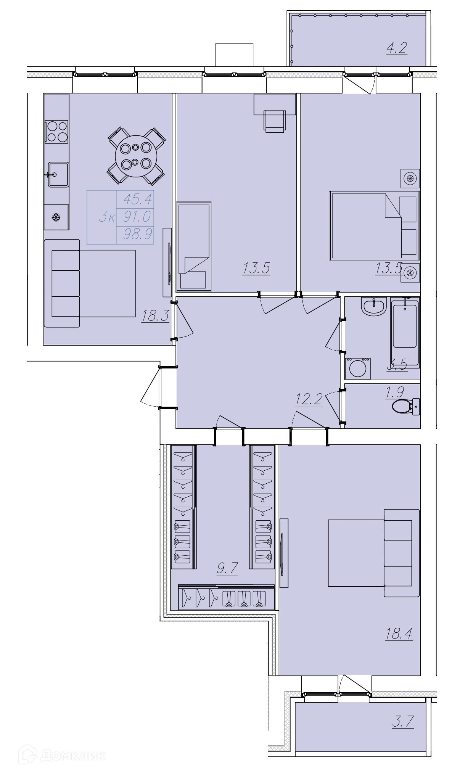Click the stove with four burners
pyautogui.click(x=56, y=131)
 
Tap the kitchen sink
pyautogui.click(x=58, y=174)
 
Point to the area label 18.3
pyautogui.click(x=155, y=316)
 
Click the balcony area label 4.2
pyautogui.click(x=397, y=48)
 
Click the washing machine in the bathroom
pyautogui.click(x=358, y=368)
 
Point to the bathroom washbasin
pyautogui.click(x=374, y=306)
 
